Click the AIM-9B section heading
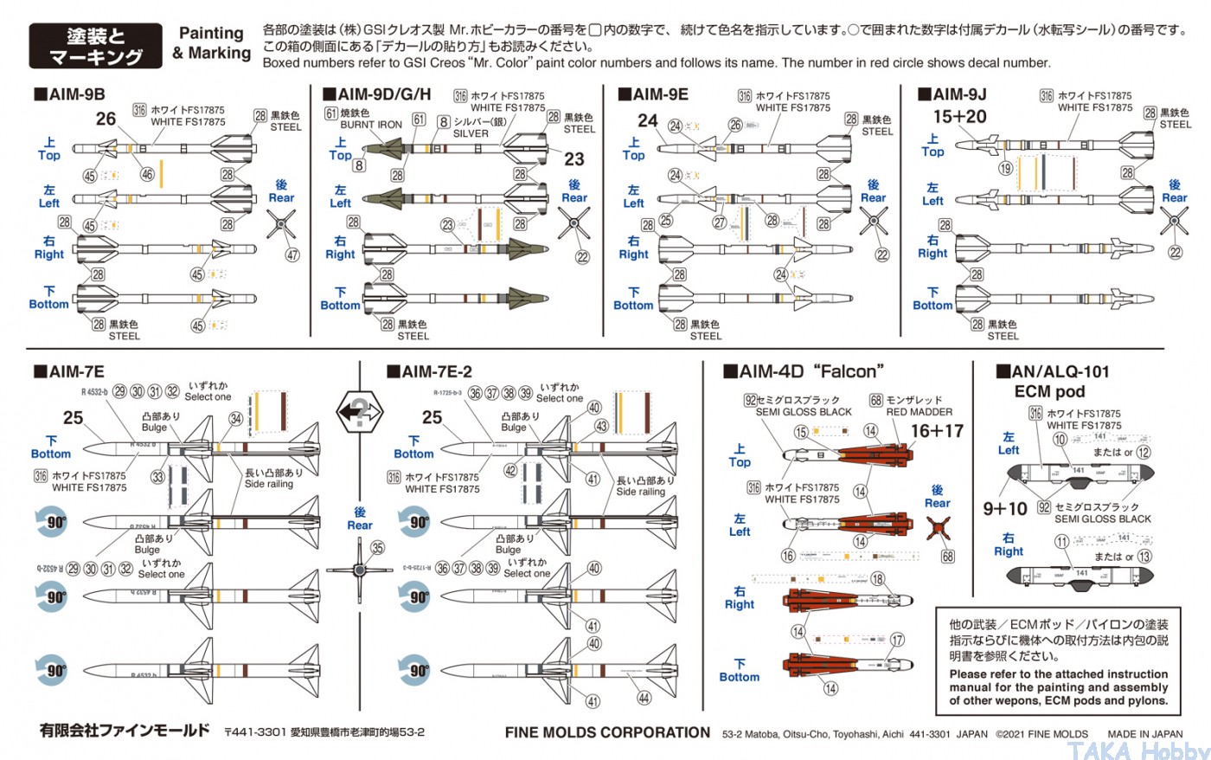point(70,94)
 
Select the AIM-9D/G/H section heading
point(377,94)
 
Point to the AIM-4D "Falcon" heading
point(804,372)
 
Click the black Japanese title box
point(95,46)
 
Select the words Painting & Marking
point(212,43)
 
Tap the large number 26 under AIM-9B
point(106,119)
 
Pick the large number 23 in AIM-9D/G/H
point(574,159)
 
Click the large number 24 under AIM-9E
point(648,120)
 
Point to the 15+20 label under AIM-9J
point(959,117)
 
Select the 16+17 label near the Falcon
point(937,431)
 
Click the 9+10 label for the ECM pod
point(1005,509)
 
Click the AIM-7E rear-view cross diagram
point(359,570)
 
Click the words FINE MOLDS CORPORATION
point(607,732)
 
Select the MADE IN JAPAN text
point(1144,734)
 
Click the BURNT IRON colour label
point(371,125)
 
